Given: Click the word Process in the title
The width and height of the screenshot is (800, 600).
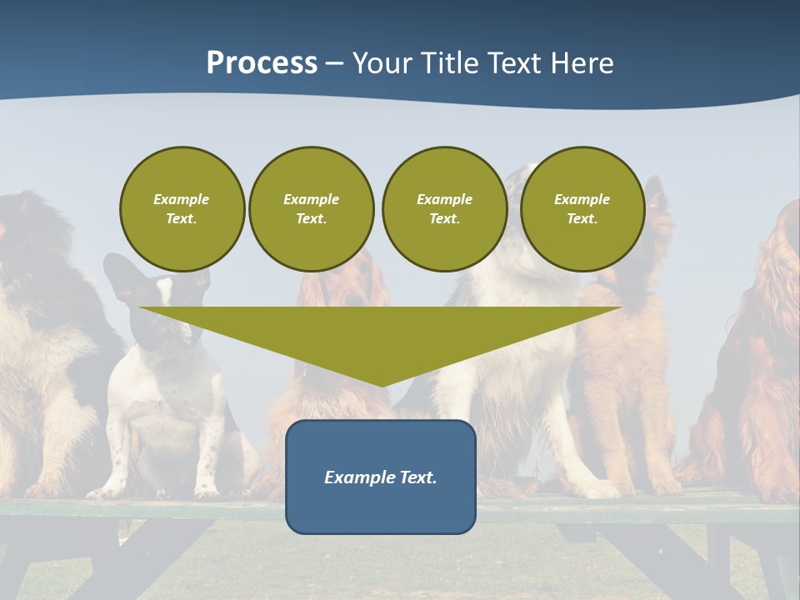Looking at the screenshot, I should click(262, 63).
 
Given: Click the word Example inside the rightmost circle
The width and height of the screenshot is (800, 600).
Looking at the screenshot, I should click(582, 199).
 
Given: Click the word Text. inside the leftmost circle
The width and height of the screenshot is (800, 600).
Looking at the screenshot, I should click(182, 219).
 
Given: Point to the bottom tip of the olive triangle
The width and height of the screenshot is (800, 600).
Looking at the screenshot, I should click(382, 384).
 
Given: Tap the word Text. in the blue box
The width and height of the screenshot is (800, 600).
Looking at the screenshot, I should click(419, 477).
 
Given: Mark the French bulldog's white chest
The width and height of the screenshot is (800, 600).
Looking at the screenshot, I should click(162, 408).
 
